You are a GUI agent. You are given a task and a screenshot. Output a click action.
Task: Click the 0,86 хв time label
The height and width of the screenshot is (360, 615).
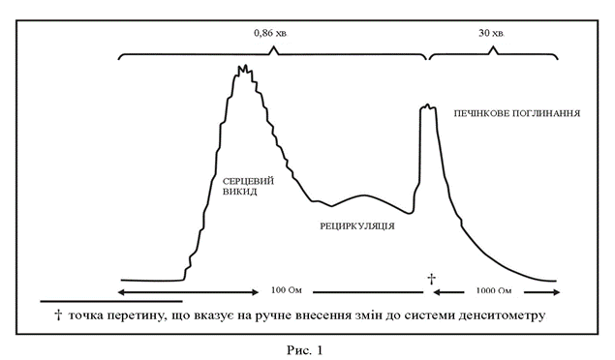click(x=270, y=33)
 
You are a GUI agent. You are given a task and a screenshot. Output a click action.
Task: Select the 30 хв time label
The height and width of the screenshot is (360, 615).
click(x=491, y=33)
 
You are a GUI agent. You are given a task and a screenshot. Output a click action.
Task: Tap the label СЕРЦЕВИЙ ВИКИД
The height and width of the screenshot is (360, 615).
click(x=248, y=187)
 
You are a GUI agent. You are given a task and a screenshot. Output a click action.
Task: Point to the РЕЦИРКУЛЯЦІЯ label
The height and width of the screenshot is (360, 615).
click(x=357, y=226)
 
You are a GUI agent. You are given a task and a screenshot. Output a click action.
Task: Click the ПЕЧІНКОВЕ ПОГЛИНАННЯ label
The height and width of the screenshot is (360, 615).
click(x=517, y=113)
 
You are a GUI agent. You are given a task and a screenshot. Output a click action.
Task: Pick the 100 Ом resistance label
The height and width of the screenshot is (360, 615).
click(x=287, y=290)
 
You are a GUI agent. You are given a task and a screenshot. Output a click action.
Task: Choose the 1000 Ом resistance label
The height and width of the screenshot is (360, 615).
click(x=494, y=290)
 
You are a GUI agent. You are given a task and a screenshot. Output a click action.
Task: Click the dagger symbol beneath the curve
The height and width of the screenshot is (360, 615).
click(x=431, y=279)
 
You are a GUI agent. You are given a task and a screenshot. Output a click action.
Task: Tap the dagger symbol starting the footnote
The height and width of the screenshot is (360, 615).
click(x=58, y=315)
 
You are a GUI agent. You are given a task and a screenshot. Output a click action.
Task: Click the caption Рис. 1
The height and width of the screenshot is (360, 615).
click(x=304, y=349)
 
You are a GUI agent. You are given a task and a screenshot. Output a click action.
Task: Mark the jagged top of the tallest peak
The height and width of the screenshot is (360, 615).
click(x=245, y=70)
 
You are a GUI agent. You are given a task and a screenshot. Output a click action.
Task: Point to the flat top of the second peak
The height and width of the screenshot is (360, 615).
click(x=427, y=107)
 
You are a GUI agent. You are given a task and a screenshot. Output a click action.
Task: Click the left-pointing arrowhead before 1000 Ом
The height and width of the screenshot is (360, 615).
click(x=436, y=292)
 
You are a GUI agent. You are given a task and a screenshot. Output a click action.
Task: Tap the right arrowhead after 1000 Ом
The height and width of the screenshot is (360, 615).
click(x=556, y=292)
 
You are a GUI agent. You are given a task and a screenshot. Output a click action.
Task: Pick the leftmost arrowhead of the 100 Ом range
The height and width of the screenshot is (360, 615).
click(x=122, y=292)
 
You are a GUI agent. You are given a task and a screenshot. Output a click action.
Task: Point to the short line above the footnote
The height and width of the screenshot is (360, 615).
click(x=111, y=301)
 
